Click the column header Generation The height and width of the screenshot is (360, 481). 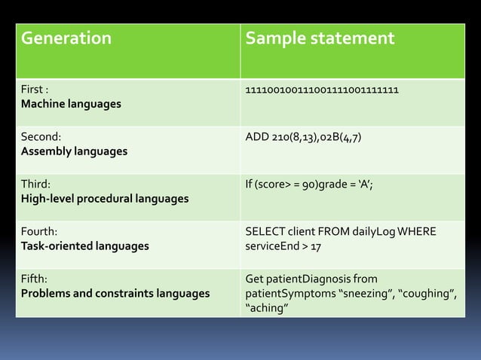point(66,38)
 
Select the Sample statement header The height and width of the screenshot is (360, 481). point(320,38)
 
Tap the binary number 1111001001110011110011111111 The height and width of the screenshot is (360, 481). point(322,90)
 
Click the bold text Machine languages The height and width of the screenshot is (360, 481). point(71,104)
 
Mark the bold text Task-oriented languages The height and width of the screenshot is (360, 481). point(84,246)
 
